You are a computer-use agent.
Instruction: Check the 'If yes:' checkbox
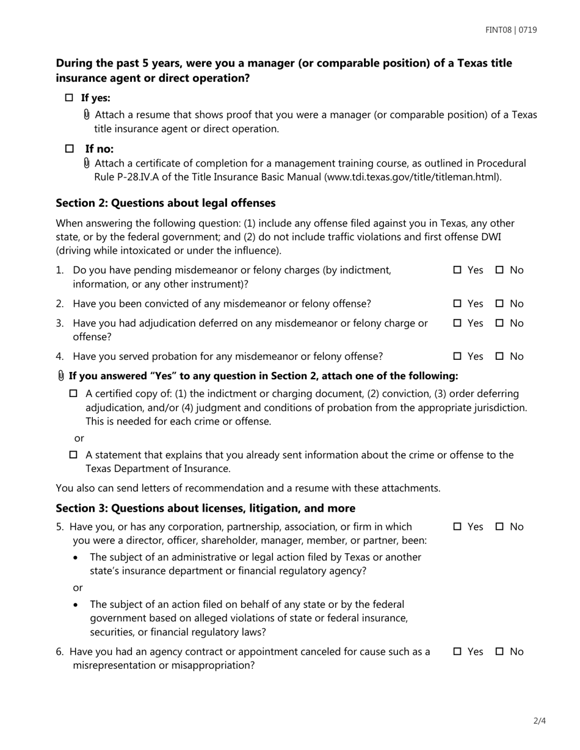point(69,98)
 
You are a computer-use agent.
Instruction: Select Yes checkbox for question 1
point(457,270)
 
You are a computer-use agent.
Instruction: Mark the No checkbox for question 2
point(499,304)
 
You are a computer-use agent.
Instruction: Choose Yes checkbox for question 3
point(457,323)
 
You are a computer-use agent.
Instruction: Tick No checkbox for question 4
point(499,357)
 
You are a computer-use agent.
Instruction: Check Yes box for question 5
point(457,527)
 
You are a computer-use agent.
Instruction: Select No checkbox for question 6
point(499,652)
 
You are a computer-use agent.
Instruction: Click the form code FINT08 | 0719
point(511,30)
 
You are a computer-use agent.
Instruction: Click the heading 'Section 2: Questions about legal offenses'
point(165,203)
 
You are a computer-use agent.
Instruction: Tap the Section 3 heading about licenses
point(205,509)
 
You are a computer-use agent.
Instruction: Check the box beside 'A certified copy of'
point(74,394)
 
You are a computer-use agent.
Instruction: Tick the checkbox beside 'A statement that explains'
point(74,455)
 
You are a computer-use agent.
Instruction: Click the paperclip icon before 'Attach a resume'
point(87,115)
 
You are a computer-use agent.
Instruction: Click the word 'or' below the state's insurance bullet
point(78,588)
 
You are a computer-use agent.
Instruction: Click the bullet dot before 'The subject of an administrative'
point(76,558)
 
